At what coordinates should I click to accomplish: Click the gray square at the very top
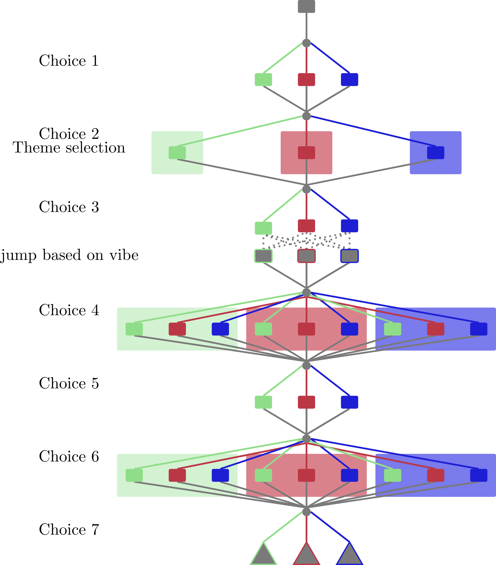click(306, 6)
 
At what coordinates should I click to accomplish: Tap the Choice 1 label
click(69, 61)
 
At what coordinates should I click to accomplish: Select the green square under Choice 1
click(263, 80)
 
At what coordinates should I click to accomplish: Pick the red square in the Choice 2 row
click(306, 153)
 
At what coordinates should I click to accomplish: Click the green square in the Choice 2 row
click(177, 153)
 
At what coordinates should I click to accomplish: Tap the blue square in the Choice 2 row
click(435, 153)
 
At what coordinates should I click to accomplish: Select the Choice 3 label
click(69, 207)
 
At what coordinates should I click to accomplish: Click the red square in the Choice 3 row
click(306, 226)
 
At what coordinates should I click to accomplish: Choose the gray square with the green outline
click(263, 256)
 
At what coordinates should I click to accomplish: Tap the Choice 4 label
click(69, 310)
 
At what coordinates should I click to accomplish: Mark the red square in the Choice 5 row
click(306, 402)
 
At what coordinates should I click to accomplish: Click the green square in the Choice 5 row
click(263, 402)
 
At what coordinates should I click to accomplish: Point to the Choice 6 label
click(69, 456)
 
